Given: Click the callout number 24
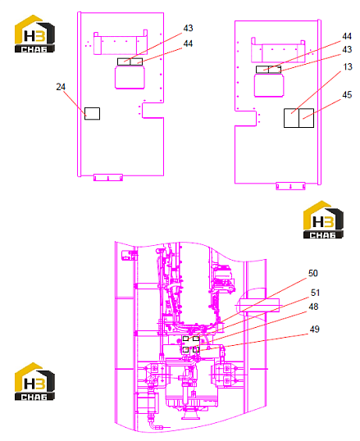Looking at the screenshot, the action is (x=61, y=87).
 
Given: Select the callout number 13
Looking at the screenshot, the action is (x=348, y=67).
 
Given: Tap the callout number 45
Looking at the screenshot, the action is (x=347, y=95).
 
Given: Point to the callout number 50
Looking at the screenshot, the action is (x=313, y=273).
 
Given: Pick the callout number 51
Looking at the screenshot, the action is (x=315, y=293).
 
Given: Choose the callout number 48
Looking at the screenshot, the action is (x=313, y=307).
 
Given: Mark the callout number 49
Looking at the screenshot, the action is (x=314, y=329).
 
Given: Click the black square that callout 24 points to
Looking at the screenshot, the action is (x=93, y=114).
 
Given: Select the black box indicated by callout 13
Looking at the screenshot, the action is (x=291, y=118).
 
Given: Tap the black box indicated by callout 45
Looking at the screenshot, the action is (x=306, y=118).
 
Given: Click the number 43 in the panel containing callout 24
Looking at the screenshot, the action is (x=188, y=28).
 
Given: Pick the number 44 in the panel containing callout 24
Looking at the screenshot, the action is (x=188, y=43).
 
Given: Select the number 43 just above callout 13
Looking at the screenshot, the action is (x=347, y=49).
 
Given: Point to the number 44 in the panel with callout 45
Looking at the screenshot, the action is (x=347, y=36).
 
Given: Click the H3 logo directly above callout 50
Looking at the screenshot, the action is (x=323, y=220).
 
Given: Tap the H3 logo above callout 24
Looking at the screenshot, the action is (x=34, y=34).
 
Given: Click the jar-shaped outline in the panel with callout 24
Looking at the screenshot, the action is (x=130, y=77).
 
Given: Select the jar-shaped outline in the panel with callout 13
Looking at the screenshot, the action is (x=269, y=84).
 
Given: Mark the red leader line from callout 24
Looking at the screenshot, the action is (x=75, y=103).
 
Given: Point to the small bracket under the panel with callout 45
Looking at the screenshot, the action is (x=290, y=186).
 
